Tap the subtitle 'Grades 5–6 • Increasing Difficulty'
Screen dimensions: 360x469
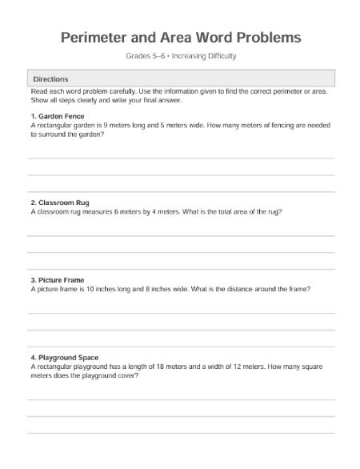coord(181,56)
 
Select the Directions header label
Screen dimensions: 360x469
coord(50,79)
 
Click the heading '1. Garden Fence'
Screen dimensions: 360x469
coord(57,117)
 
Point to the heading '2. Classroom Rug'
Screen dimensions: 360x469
coord(61,202)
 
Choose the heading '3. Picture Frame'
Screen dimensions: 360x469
coord(57,280)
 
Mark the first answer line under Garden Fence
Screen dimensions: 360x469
coord(181,158)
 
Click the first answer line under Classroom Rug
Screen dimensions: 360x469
coord(181,236)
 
